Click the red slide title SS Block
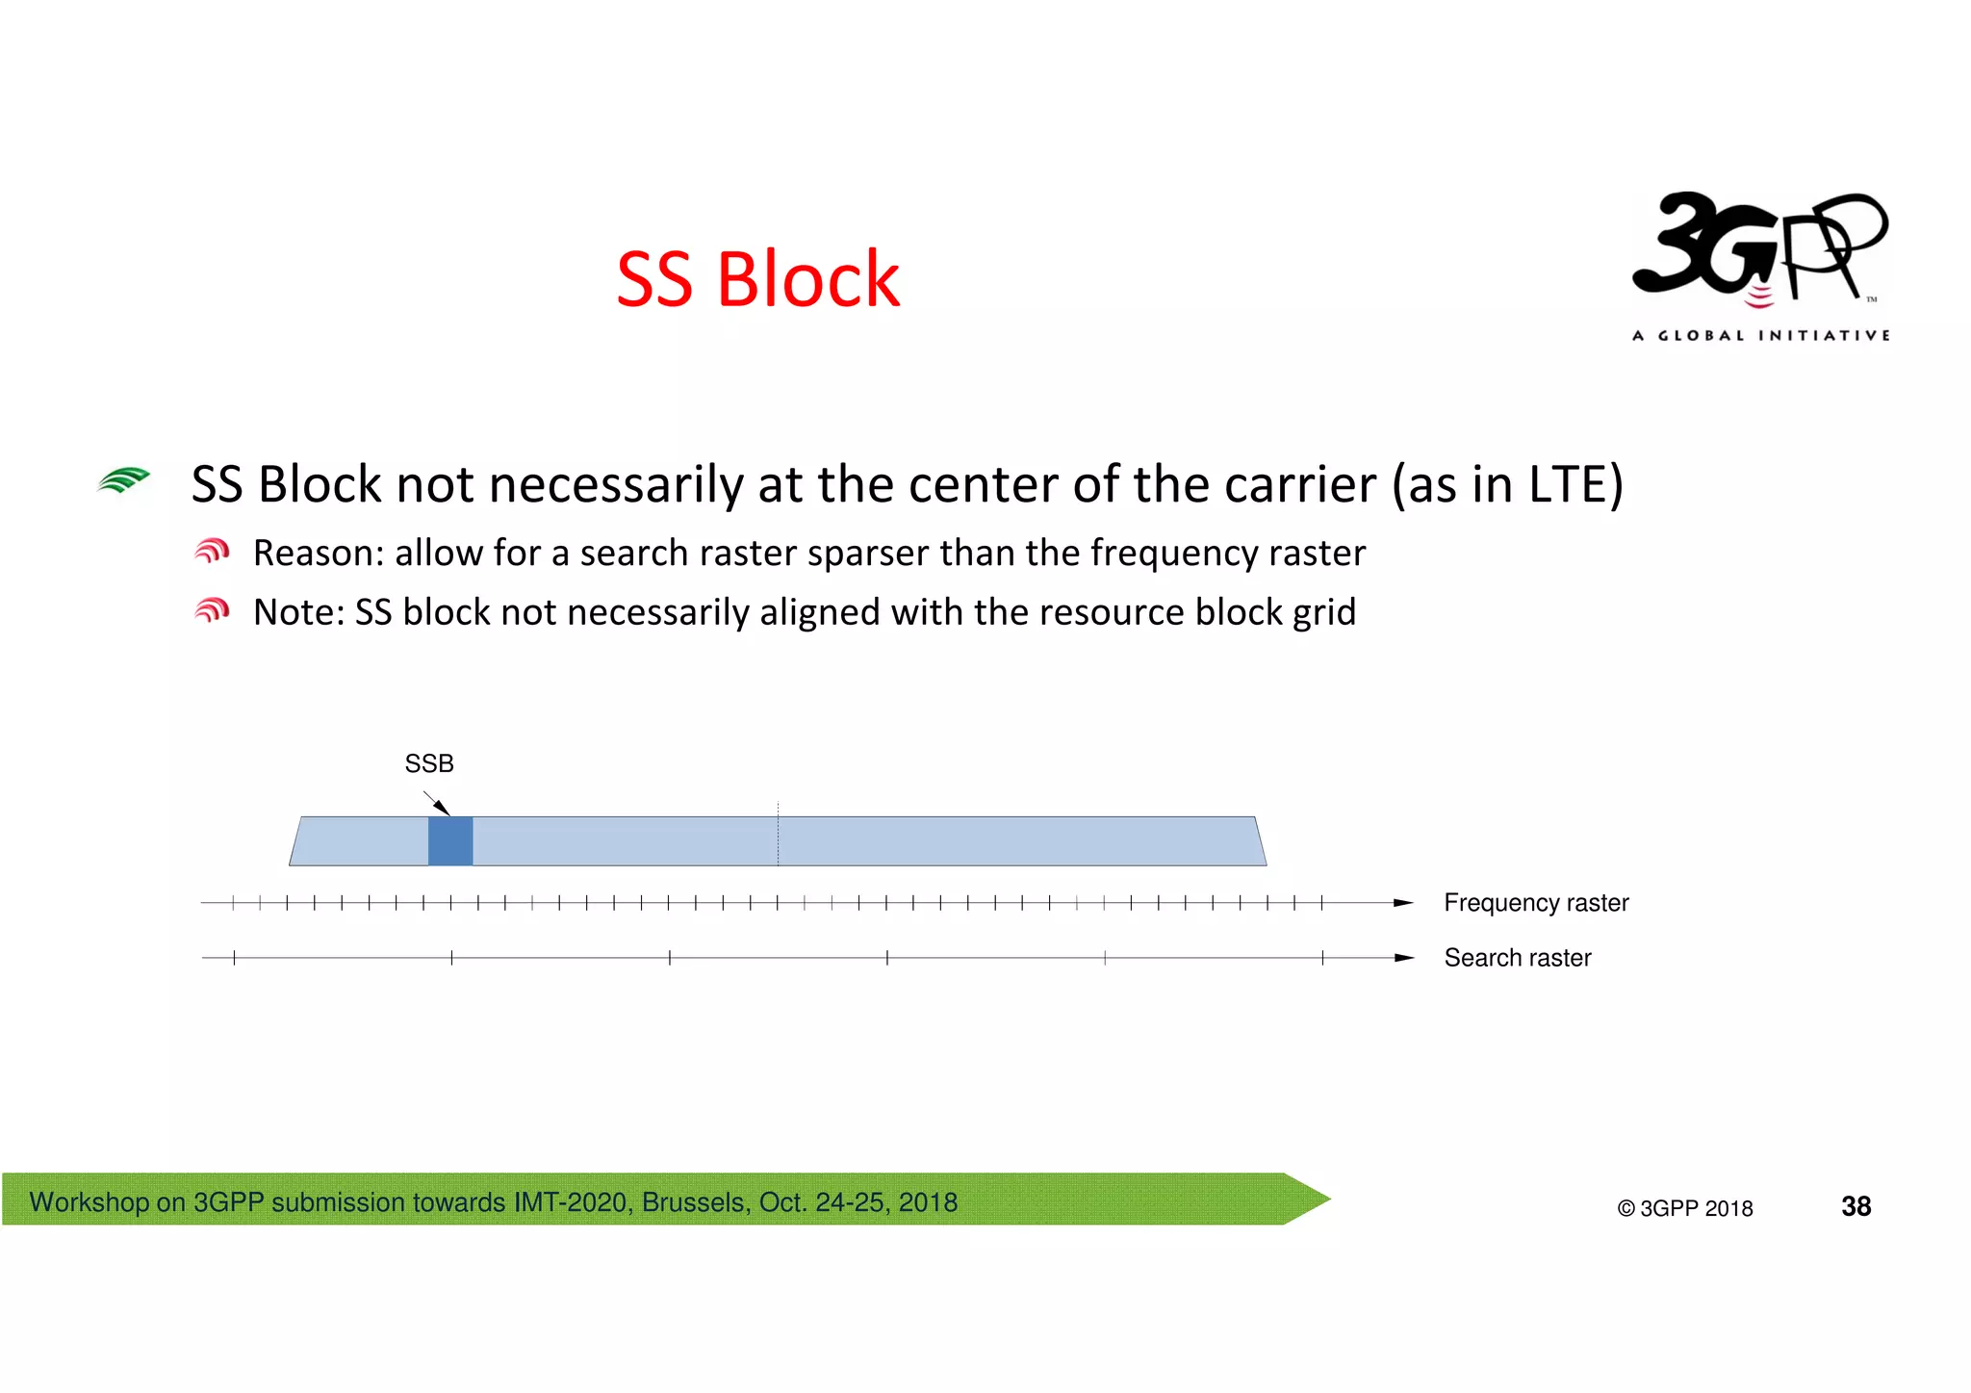tap(757, 279)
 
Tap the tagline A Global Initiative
tap(1760, 335)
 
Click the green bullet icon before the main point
tap(124, 479)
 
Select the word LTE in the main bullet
tap(1566, 484)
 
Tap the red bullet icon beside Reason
tap(212, 552)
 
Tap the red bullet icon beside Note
tap(212, 610)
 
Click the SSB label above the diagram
tap(429, 763)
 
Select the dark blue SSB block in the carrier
tap(450, 840)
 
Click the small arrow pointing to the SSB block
tap(437, 803)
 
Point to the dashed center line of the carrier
tap(778, 834)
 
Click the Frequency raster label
tap(1536, 903)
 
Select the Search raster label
tap(1518, 958)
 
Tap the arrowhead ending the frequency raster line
tap(1403, 903)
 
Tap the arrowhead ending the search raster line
tap(1403, 958)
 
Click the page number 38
tap(1856, 1206)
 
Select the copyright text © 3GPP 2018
tap(1685, 1208)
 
